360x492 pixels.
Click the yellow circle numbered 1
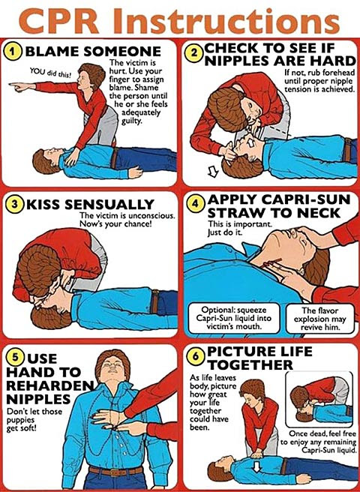(x=13, y=52)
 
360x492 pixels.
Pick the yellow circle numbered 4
(x=196, y=204)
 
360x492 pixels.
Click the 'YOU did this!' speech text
(x=51, y=73)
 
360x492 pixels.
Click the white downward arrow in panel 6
(x=257, y=467)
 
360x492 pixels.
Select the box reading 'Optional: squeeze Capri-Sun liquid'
(x=233, y=318)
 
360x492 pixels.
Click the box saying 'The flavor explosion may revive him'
(x=320, y=319)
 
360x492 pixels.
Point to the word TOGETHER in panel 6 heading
(x=250, y=364)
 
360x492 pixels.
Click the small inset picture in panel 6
(x=319, y=400)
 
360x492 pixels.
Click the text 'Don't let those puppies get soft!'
(x=34, y=419)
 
